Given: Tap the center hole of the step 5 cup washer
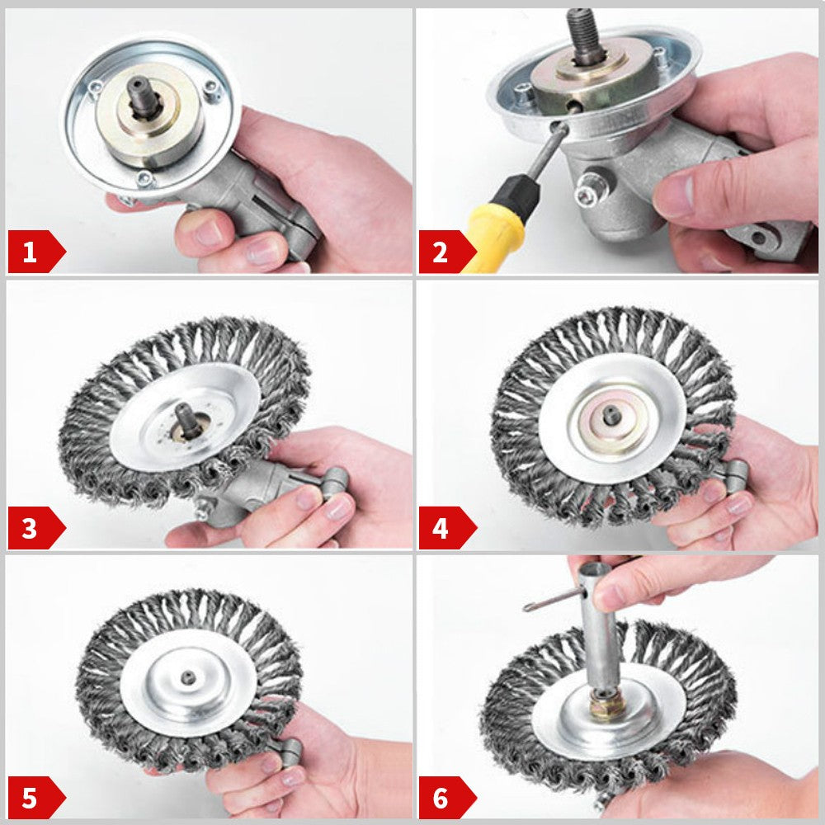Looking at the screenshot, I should click(x=189, y=676).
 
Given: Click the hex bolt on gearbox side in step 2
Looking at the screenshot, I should click(x=587, y=195).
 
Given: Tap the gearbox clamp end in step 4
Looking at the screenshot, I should click(x=732, y=473).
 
